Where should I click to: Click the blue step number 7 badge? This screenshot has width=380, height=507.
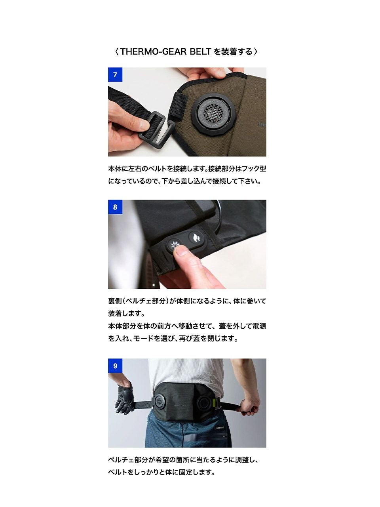pyautogui.click(x=115, y=74)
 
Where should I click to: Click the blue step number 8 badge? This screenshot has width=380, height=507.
pyautogui.click(x=115, y=207)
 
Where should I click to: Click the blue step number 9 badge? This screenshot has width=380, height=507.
pyautogui.click(x=115, y=366)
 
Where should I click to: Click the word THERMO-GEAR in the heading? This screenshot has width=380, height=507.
pyautogui.click(x=153, y=51)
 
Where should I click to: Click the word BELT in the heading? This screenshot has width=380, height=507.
pyautogui.click(x=200, y=51)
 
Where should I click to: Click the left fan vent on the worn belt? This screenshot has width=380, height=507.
pyautogui.click(x=159, y=400)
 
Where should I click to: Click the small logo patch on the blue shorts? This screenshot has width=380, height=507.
pyautogui.click(x=220, y=428)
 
